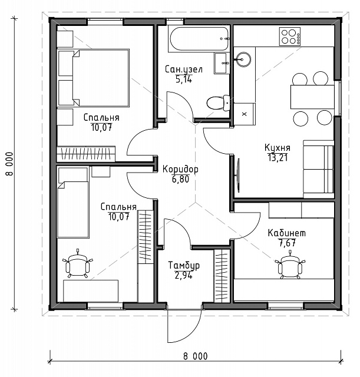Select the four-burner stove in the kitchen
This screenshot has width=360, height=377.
290,37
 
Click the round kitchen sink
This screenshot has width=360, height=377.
243,59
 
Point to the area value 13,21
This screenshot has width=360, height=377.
278,157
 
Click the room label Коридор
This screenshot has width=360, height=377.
180,169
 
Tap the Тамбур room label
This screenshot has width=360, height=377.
184,265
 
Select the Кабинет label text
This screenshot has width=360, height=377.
287,233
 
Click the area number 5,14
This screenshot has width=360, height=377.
184,79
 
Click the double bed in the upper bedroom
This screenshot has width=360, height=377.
94,78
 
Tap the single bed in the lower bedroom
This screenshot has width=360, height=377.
73,203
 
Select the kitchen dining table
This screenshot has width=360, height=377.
312,97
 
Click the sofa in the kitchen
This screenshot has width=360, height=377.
318,169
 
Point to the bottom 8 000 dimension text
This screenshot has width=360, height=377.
195,356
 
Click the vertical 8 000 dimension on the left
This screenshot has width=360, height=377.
9,164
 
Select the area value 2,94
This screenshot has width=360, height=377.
184,275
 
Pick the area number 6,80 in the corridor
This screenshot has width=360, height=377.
180,179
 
